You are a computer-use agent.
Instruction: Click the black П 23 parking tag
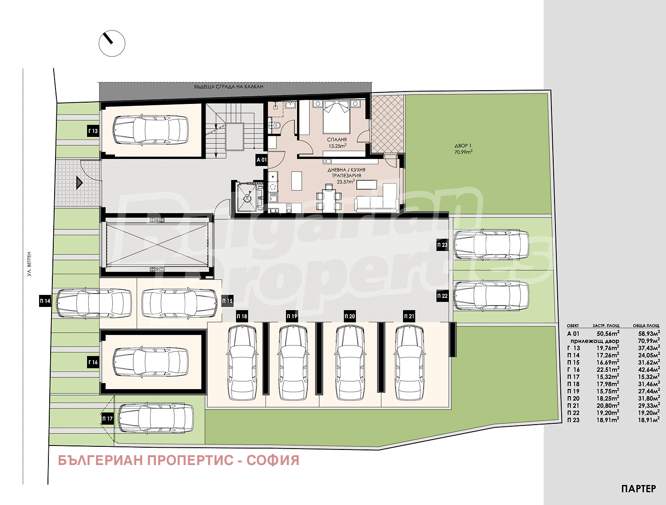tap(442, 245)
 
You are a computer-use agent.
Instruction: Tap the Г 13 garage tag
tap(93, 131)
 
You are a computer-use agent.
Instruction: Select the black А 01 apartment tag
tap(262, 160)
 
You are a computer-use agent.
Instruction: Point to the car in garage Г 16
tap(150, 362)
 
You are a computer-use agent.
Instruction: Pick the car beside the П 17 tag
tap(156, 418)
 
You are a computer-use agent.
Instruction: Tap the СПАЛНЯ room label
tap(337, 139)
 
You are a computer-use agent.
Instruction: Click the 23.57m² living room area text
tap(346, 182)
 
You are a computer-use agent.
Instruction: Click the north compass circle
tap(112, 43)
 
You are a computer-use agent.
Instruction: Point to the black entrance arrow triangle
tap(79, 183)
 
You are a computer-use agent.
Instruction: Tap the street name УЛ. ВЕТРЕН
tap(29, 263)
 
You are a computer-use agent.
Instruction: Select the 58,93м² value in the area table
tap(649, 333)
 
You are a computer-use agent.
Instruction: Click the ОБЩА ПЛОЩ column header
tap(646, 326)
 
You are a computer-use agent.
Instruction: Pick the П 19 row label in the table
tap(573, 391)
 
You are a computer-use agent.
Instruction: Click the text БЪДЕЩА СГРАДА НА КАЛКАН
tap(229, 87)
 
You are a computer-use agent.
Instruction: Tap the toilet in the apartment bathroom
tap(276, 125)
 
